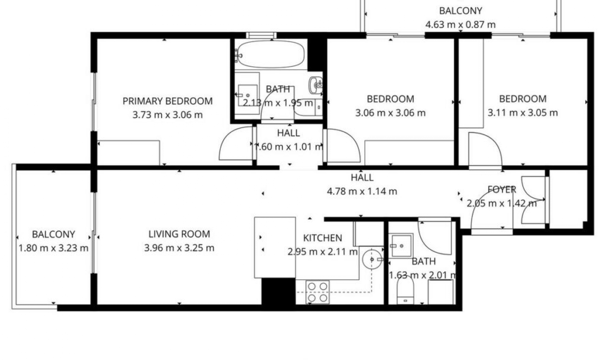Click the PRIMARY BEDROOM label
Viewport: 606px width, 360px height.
(x=167, y=101)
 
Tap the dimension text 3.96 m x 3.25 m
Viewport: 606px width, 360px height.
(x=179, y=248)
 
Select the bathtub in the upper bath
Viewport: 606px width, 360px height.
(x=271, y=55)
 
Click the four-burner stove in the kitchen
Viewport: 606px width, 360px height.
(x=317, y=292)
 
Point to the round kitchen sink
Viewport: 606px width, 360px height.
(x=372, y=259)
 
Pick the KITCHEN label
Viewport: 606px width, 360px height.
(x=322, y=238)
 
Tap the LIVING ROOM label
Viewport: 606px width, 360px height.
(x=179, y=234)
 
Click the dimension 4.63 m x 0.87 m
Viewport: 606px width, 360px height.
(x=460, y=24)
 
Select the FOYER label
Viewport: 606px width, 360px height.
(x=502, y=189)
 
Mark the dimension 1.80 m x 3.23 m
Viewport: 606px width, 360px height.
(x=53, y=248)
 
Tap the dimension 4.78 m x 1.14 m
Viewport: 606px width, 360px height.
(x=362, y=191)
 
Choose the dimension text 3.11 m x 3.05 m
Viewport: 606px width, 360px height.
(x=522, y=113)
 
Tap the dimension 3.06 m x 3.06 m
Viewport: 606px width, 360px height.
(x=390, y=113)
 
